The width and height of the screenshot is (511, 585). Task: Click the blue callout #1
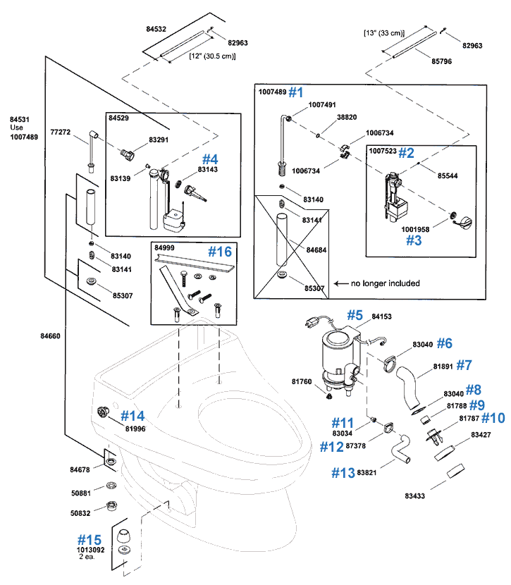click(295, 92)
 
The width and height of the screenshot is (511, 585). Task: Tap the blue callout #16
click(218, 252)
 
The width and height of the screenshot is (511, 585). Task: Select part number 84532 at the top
click(156, 30)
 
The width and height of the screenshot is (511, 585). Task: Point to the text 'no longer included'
click(386, 283)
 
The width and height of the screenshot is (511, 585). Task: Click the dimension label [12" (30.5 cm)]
click(211, 56)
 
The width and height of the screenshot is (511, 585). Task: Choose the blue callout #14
click(133, 415)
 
